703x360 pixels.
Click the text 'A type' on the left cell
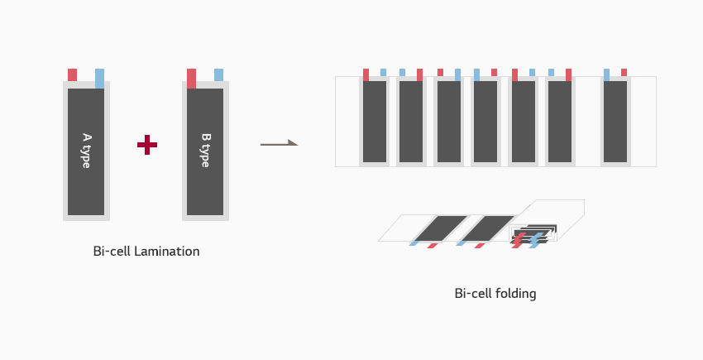[x=86, y=151]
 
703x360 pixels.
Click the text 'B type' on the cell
[x=205, y=151]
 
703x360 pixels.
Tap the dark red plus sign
[x=147, y=145]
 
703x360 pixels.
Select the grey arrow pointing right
[x=279, y=143]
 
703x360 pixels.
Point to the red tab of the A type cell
[x=72, y=75]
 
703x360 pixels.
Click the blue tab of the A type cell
[x=99, y=79]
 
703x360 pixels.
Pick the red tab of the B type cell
[x=191, y=79]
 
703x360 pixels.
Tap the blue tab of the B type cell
[x=219, y=75]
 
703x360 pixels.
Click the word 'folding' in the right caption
[x=515, y=294]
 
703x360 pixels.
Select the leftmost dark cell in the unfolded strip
[x=375, y=122]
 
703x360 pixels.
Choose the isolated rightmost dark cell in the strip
[x=615, y=122]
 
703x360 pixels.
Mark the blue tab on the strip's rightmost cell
[x=606, y=75]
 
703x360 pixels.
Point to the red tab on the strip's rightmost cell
[x=624, y=72]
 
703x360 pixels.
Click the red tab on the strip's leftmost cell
[x=366, y=75]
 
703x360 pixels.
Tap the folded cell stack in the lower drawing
[x=534, y=234]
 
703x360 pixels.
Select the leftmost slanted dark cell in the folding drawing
[x=440, y=228]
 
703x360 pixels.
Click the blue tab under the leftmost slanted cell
[x=414, y=243]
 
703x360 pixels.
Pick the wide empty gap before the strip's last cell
[x=587, y=122]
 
